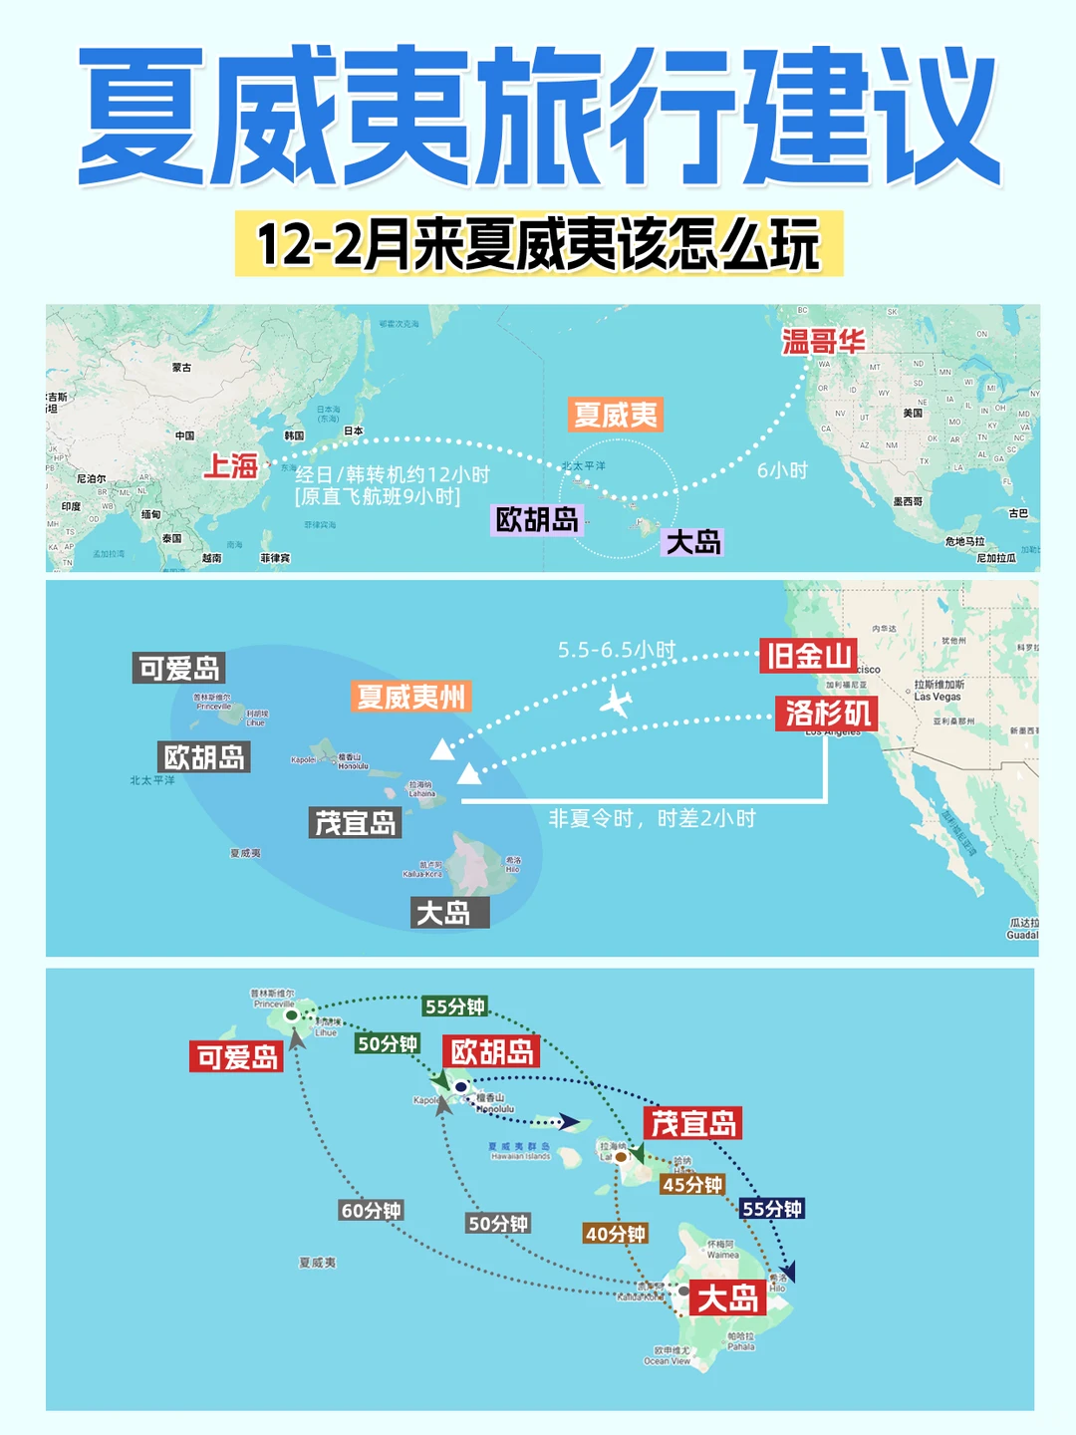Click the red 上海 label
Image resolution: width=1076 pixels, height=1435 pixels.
point(231,465)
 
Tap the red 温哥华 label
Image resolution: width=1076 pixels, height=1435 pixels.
point(823,342)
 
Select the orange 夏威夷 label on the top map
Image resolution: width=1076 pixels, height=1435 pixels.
point(616,415)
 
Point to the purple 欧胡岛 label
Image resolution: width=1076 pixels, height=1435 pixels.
point(537,519)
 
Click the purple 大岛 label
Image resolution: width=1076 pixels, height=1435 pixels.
point(693,542)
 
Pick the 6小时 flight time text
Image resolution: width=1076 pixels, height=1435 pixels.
point(782,470)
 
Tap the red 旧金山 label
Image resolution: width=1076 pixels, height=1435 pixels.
point(809,656)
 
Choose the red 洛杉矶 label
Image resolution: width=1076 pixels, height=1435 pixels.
point(828,713)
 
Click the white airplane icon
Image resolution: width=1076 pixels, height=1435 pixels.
point(617,702)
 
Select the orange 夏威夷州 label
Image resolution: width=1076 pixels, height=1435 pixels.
point(410,697)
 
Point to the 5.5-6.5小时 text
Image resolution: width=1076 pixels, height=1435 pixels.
point(617,650)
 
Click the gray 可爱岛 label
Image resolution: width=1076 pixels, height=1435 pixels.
point(179,668)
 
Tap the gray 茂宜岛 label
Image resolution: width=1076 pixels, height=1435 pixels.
point(356,823)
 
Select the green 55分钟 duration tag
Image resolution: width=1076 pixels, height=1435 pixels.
point(454,1006)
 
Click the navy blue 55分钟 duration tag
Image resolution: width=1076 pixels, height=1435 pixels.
point(772,1209)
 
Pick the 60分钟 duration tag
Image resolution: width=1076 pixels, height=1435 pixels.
point(371,1211)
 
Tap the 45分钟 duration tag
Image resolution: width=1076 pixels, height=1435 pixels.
point(692,1185)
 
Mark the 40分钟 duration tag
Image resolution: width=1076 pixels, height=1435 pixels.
point(615,1234)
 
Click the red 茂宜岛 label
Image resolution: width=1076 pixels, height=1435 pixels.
point(693,1124)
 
